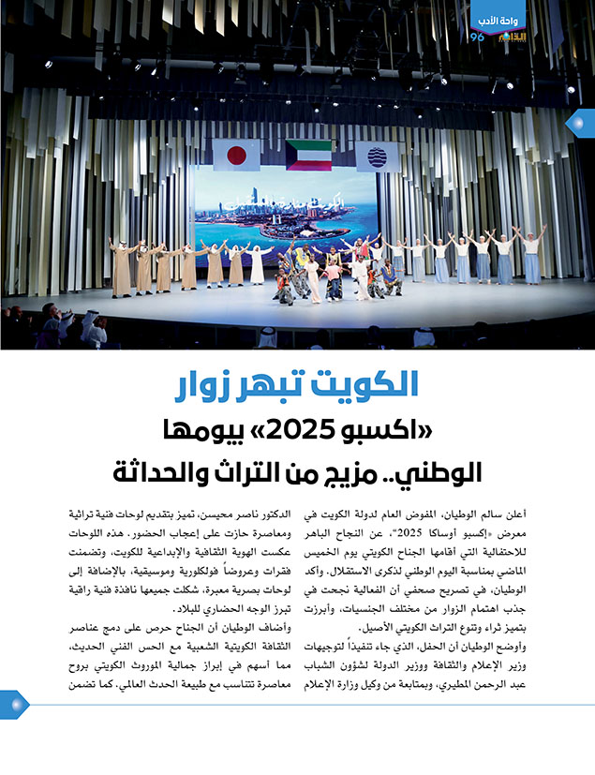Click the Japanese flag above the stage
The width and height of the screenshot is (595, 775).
[x=236, y=155]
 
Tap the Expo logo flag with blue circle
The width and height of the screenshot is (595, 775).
[x=377, y=156]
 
